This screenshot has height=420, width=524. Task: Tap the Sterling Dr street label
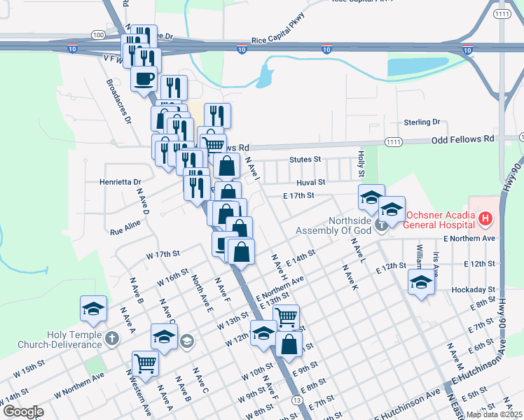point(421,122)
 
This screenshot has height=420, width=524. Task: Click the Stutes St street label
point(305,160)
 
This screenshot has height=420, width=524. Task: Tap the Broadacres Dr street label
point(118,100)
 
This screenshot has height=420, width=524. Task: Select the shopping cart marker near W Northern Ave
point(145,363)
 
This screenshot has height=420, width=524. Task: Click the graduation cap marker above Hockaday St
point(421,282)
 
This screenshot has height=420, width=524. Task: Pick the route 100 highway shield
point(98,34)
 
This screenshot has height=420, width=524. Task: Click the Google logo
point(23,412)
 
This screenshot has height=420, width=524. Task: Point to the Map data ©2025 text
point(494,414)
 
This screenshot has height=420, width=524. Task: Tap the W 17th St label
point(163,254)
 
